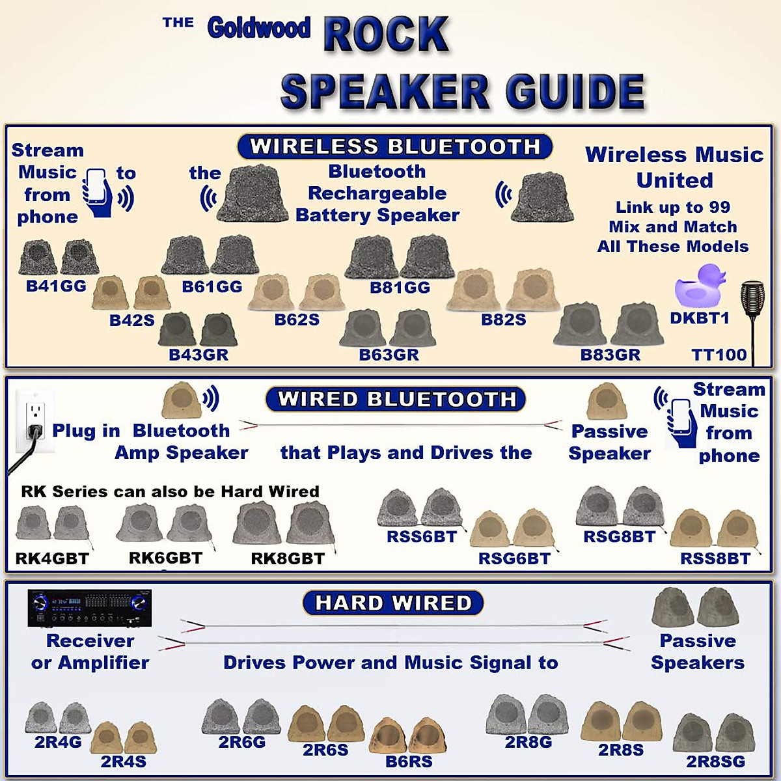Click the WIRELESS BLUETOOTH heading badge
tap(395, 146)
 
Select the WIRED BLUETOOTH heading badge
tap(396, 399)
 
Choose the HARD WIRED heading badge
tap(393, 602)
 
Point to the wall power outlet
tap(34, 422)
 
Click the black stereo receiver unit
tap(90, 608)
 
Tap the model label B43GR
tap(199, 355)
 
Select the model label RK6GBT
tap(166, 558)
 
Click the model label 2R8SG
tap(715, 761)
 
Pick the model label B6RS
tap(409, 761)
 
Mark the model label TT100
tap(719, 355)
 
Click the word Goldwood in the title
tap(258, 28)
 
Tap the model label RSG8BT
tap(620, 536)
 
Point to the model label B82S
tap(503, 320)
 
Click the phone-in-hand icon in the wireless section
tap(97, 193)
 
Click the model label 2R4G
tap(58, 742)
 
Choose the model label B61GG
tap(212, 287)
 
